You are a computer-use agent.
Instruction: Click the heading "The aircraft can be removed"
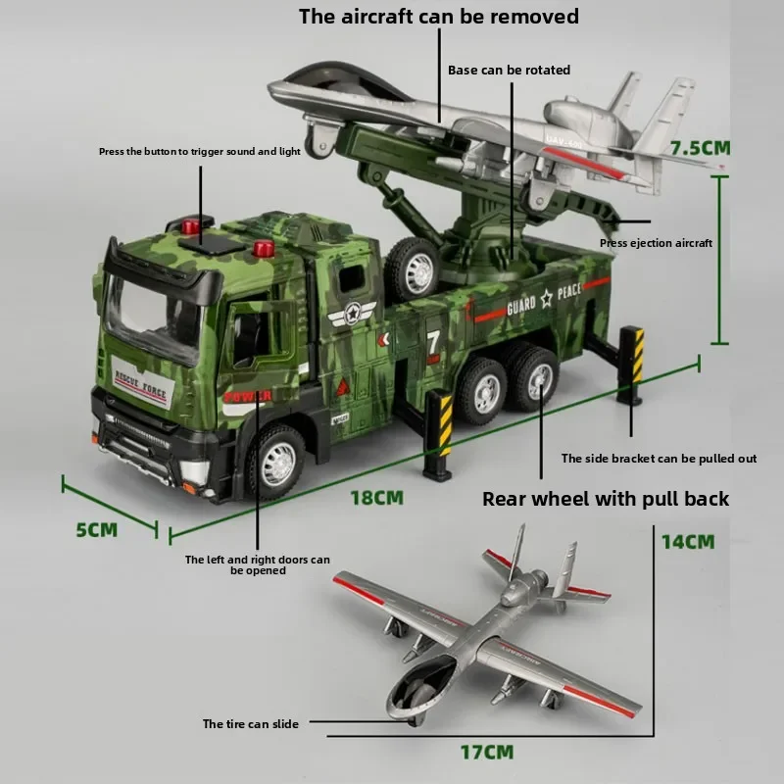tap(438, 17)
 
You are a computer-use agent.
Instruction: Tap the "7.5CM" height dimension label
tap(700, 149)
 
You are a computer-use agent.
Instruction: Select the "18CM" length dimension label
tap(377, 497)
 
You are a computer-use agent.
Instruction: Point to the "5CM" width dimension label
tap(96, 529)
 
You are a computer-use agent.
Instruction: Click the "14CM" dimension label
tap(687, 541)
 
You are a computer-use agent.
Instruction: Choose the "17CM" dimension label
tap(487, 753)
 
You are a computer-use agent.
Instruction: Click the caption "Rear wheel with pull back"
tap(606, 499)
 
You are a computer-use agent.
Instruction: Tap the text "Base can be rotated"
tap(509, 71)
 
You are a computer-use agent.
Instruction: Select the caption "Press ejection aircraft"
tap(656, 243)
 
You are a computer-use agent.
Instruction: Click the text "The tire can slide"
tap(250, 724)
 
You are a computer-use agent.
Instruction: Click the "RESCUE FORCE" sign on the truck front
tap(141, 390)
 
